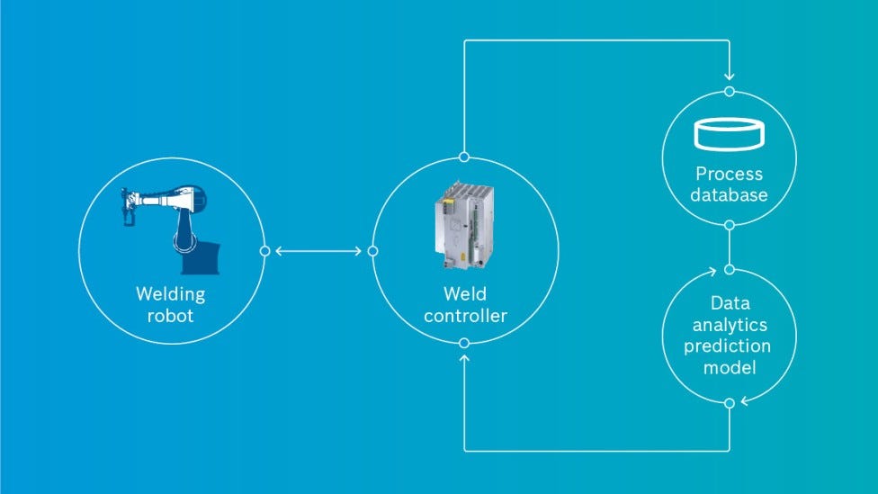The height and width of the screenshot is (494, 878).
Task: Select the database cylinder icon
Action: coord(729,134)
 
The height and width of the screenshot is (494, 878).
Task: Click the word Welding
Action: coord(171,294)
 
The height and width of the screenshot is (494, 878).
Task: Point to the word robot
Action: coord(171,315)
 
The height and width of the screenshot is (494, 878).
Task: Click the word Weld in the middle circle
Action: coord(464,294)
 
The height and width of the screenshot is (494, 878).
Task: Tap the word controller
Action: coord(464,316)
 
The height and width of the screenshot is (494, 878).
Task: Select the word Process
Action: coord(729,174)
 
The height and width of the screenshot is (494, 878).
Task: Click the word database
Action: coord(729,194)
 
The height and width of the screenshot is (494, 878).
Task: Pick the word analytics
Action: coord(729,324)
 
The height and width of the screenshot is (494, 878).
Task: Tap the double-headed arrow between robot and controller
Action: coord(318,251)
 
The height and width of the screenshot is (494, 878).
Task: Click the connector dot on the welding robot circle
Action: coord(264,251)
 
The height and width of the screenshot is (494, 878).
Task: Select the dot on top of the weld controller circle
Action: coord(464,157)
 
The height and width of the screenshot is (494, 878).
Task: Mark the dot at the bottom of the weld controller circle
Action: coord(464,343)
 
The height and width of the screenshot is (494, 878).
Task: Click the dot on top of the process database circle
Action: coord(729,91)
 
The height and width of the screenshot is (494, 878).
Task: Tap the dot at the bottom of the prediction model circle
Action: coord(729,402)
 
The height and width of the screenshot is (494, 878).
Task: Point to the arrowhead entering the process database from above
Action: coord(729,77)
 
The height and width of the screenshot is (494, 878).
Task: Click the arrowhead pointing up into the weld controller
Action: coord(464,359)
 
